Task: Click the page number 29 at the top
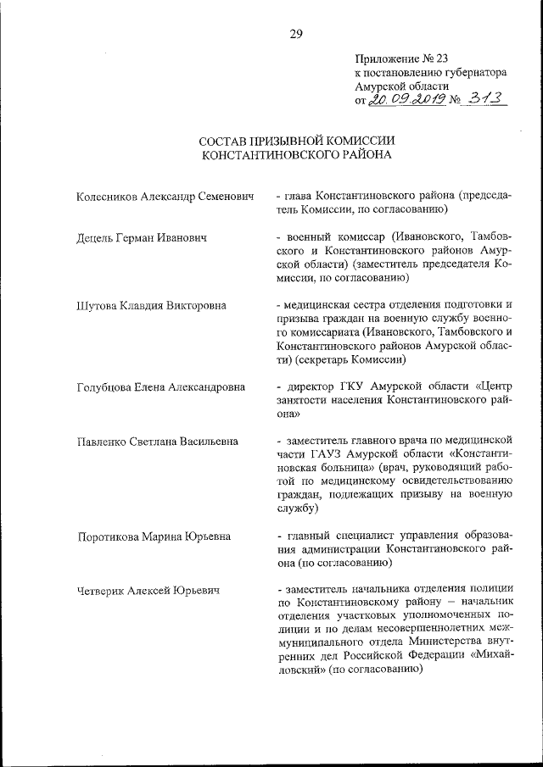click(x=296, y=34)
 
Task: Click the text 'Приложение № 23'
click(x=401, y=58)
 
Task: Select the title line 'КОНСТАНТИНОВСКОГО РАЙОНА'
click(x=296, y=155)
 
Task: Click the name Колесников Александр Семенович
click(x=165, y=196)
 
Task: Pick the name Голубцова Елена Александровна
click(x=160, y=387)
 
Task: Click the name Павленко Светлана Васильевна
click(x=157, y=442)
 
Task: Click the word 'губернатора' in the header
click(x=472, y=73)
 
